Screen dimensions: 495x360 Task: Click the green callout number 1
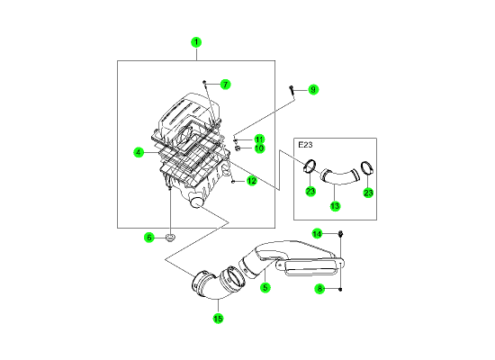pos(196,42)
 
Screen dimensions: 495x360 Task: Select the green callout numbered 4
pos(139,152)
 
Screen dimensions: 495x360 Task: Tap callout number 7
pos(225,85)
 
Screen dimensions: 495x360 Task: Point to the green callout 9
pos(313,90)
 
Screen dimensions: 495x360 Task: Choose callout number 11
pos(259,139)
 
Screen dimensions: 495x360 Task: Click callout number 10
pos(259,148)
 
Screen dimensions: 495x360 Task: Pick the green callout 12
pos(252,181)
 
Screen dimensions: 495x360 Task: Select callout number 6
pos(149,238)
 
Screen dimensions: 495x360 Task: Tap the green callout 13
pos(335,206)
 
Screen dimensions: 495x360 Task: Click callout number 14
pos(317,234)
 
